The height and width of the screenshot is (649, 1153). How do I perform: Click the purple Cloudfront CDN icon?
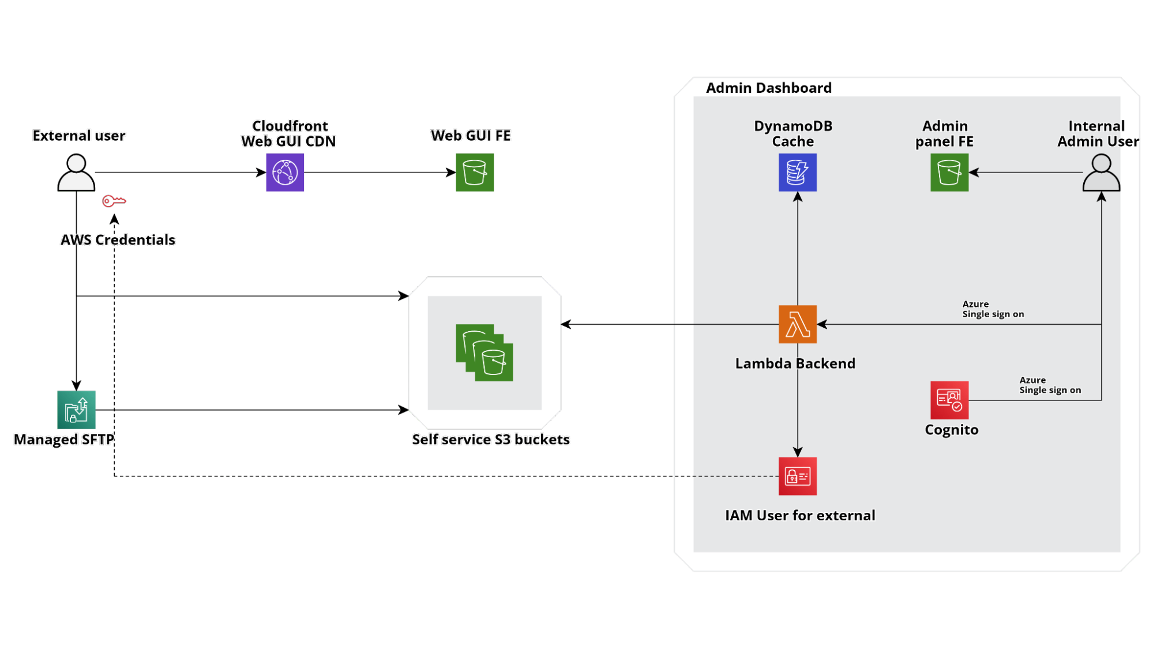285,172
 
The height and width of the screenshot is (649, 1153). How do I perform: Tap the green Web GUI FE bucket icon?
475,172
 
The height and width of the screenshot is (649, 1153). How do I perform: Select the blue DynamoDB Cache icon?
797,172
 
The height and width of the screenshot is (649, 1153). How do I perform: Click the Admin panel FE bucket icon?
949,172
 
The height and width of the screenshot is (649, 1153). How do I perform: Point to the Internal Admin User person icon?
1101,172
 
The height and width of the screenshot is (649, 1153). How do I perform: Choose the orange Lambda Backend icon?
797,324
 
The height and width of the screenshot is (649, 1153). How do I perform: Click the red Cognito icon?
949,400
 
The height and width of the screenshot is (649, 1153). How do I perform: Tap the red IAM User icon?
797,477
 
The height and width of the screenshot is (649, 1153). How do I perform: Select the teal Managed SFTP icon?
76,410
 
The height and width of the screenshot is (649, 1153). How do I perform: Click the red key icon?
114,201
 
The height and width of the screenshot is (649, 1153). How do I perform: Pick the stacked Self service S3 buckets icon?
485,352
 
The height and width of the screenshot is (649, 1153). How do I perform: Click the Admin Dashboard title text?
768,88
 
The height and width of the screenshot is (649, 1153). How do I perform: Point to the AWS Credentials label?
118,240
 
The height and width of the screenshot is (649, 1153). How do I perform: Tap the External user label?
79,136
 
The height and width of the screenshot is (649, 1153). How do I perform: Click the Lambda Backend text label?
795,363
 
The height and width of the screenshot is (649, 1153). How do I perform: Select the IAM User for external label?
799,515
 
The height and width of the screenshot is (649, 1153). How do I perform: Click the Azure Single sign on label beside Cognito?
1050,385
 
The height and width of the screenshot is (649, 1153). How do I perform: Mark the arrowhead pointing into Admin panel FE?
974,172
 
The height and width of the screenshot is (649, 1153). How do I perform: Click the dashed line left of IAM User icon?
727,477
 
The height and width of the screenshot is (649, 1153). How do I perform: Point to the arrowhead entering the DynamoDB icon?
797,197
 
